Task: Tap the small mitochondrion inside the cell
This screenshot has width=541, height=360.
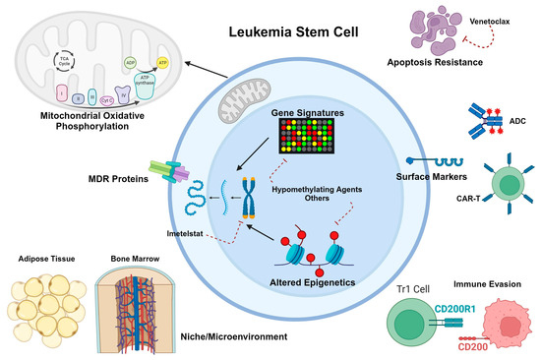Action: tap(237, 96)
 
